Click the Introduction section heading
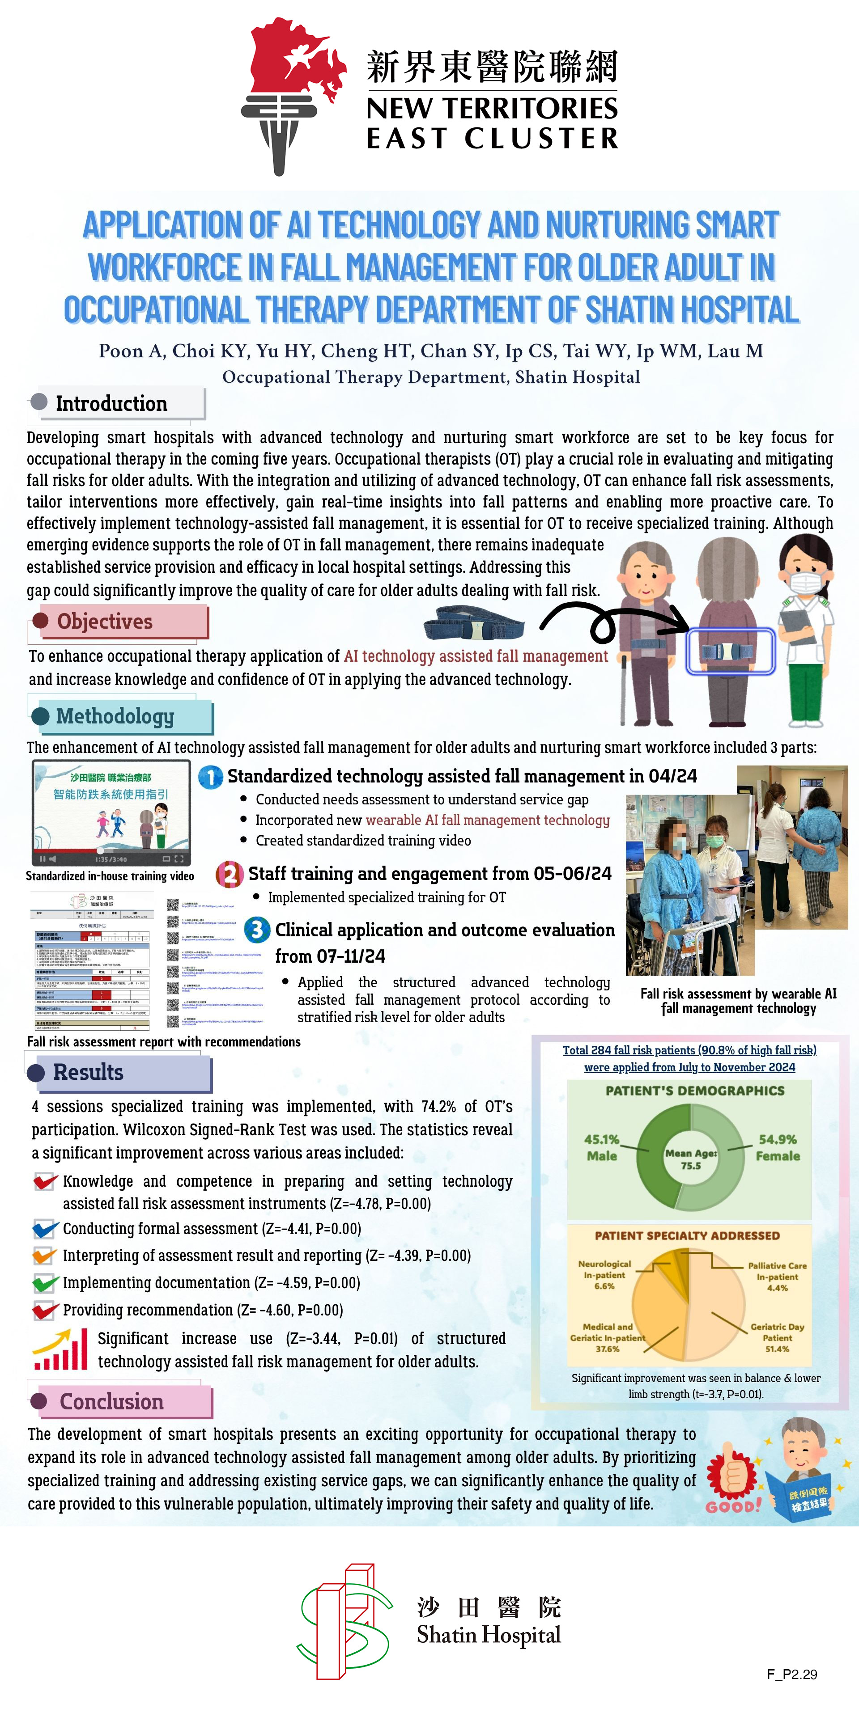[111, 404]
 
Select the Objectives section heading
[105, 621]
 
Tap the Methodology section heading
[115, 716]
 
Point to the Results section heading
[88, 1073]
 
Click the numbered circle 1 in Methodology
[211, 777]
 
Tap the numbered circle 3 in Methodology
[257, 930]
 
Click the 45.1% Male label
[602, 1148]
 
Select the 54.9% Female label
[778, 1148]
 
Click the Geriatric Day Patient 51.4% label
[777, 1338]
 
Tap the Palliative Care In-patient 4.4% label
[777, 1277]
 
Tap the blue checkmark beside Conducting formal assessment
[45, 1228]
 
